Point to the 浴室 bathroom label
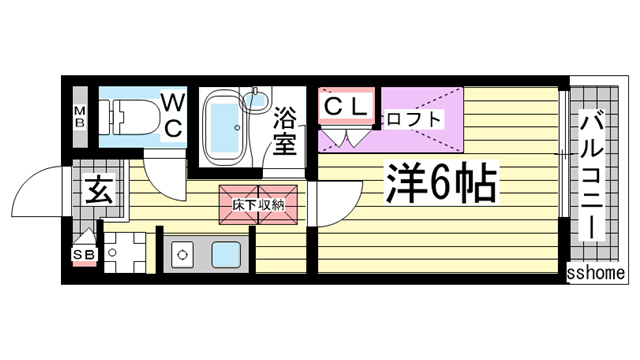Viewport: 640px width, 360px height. pyautogui.click(x=286, y=129)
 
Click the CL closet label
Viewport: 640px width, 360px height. pyautogui.click(x=346, y=104)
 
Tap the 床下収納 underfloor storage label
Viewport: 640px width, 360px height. pyautogui.click(x=258, y=203)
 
